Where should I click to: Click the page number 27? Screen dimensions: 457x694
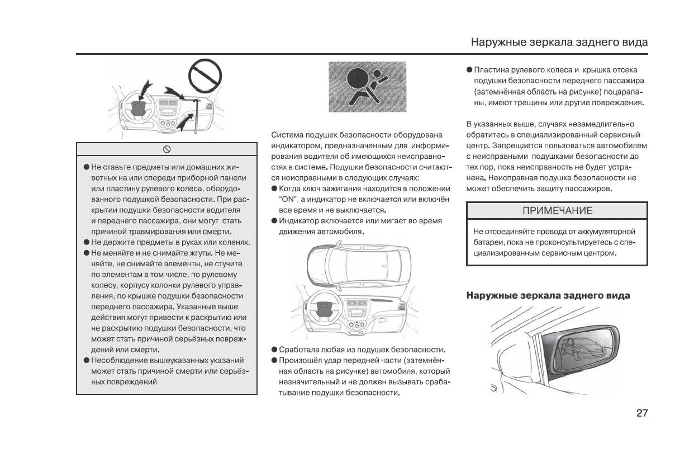click(642, 413)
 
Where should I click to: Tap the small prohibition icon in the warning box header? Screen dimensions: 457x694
click(167, 149)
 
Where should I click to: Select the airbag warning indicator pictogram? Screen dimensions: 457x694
click(367, 86)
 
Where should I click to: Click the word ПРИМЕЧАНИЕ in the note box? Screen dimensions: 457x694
click(557, 211)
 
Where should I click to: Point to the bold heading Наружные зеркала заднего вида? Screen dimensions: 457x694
click(548, 295)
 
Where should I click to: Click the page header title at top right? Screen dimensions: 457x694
click(559, 42)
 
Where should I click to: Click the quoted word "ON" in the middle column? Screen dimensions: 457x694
click(287, 199)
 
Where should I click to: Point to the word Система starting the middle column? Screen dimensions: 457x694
click(287, 135)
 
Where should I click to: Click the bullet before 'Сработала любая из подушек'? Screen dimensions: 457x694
click(274, 350)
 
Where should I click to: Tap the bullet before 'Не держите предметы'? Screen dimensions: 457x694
click(87, 242)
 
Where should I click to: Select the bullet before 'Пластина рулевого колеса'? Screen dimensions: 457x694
click(469, 70)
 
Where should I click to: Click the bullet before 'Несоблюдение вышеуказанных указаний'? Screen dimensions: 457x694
click(87, 360)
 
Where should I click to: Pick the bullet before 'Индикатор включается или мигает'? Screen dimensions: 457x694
click(274, 221)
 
